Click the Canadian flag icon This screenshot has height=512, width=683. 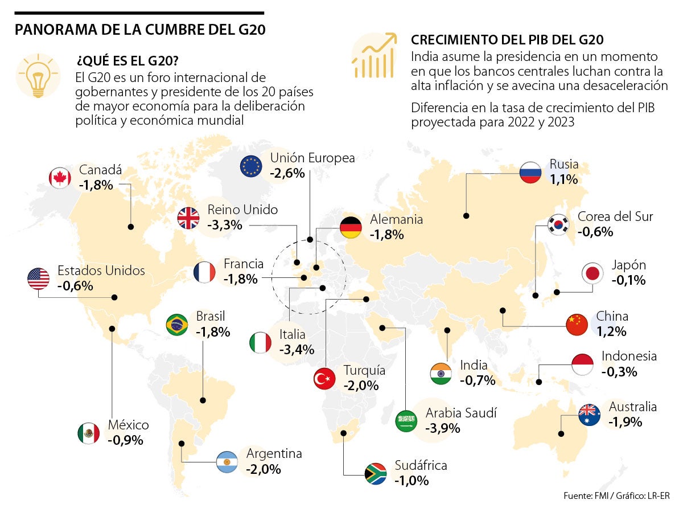60,178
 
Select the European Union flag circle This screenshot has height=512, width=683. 251,166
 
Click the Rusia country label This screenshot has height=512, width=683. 563,165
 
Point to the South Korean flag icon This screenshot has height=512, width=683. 558,225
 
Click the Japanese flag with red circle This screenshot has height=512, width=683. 593,274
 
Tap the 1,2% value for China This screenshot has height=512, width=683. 611,331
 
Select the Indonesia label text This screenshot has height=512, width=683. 629,357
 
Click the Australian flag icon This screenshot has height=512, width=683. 589,415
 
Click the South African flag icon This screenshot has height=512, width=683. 376,473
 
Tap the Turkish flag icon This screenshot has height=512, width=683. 324,379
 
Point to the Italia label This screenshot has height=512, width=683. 292,335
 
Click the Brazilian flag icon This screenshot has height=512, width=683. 177,325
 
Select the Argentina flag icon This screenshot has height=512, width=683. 227,462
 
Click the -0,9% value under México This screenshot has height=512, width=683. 125,440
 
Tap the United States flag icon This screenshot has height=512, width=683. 38,278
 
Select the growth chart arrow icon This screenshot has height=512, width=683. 374,55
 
